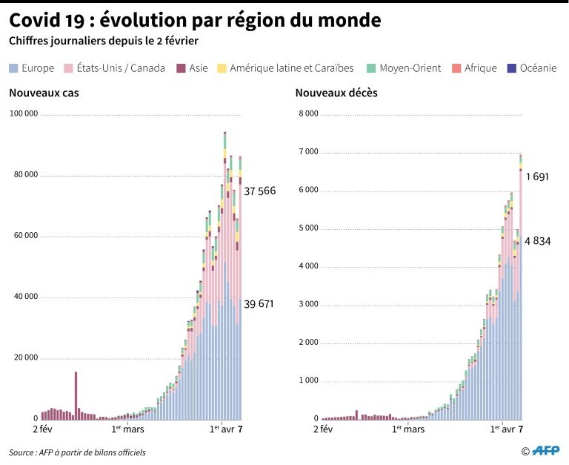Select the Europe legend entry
[x=32, y=68]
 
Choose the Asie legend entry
[x=193, y=68]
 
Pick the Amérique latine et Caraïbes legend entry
[x=285, y=68]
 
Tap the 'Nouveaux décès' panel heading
[x=326, y=93]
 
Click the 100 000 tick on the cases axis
[x=24, y=115]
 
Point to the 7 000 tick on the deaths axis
[x=307, y=153]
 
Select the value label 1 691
[x=537, y=177]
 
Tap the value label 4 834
[x=537, y=241]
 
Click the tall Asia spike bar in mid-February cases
[x=76, y=395]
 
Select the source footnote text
[x=77, y=452]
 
